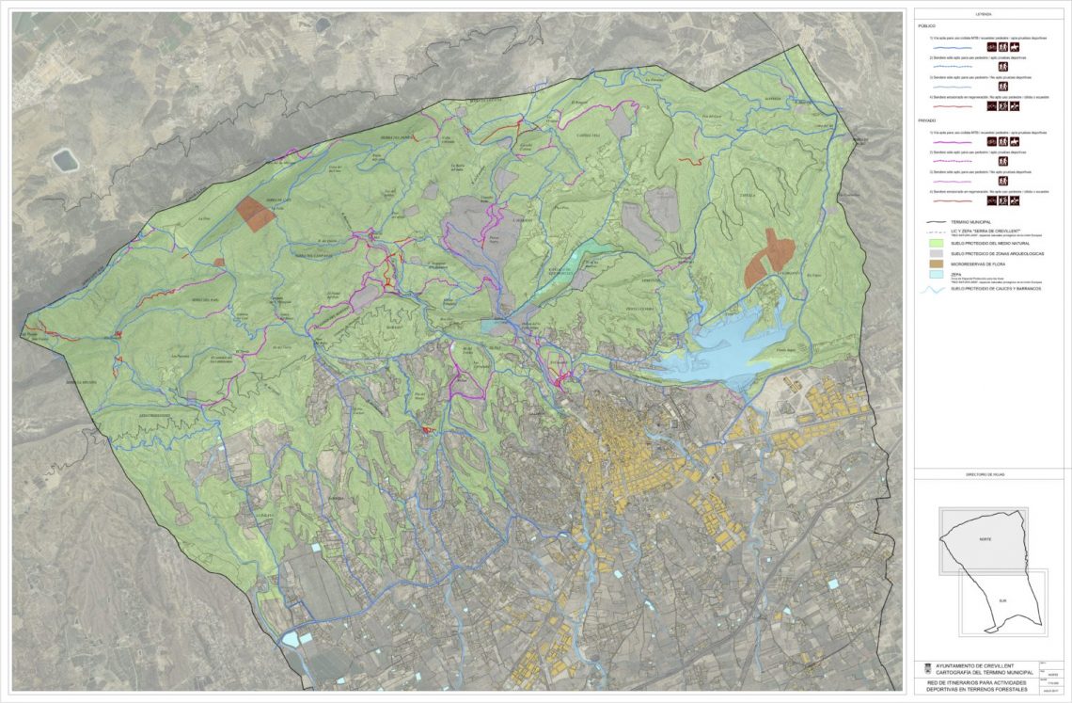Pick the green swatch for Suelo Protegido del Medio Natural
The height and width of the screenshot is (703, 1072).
(x=933, y=244)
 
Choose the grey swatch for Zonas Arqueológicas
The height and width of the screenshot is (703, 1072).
(x=933, y=255)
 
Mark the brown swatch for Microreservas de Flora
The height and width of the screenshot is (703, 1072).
(x=933, y=265)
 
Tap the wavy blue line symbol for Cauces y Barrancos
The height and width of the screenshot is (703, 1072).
(x=933, y=290)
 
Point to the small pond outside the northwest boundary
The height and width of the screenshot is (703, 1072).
(x=65, y=160)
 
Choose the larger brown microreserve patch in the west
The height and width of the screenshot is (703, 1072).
(x=255, y=214)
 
